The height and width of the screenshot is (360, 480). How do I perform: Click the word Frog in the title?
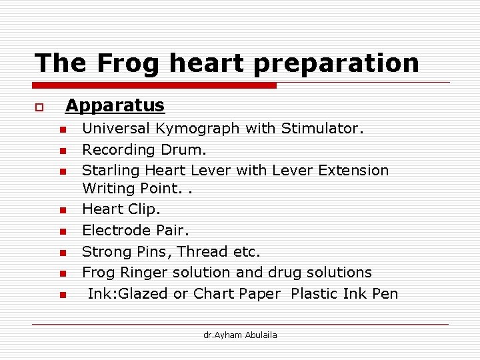click(127, 63)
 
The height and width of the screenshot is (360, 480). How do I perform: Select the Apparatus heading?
click(115, 105)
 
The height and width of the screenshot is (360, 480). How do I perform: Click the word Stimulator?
click(322, 128)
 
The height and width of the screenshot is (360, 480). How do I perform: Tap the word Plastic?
click(317, 294)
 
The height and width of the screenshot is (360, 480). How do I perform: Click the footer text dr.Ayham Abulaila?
click(240, 335)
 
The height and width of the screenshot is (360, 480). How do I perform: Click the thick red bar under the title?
click(155, 85)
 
